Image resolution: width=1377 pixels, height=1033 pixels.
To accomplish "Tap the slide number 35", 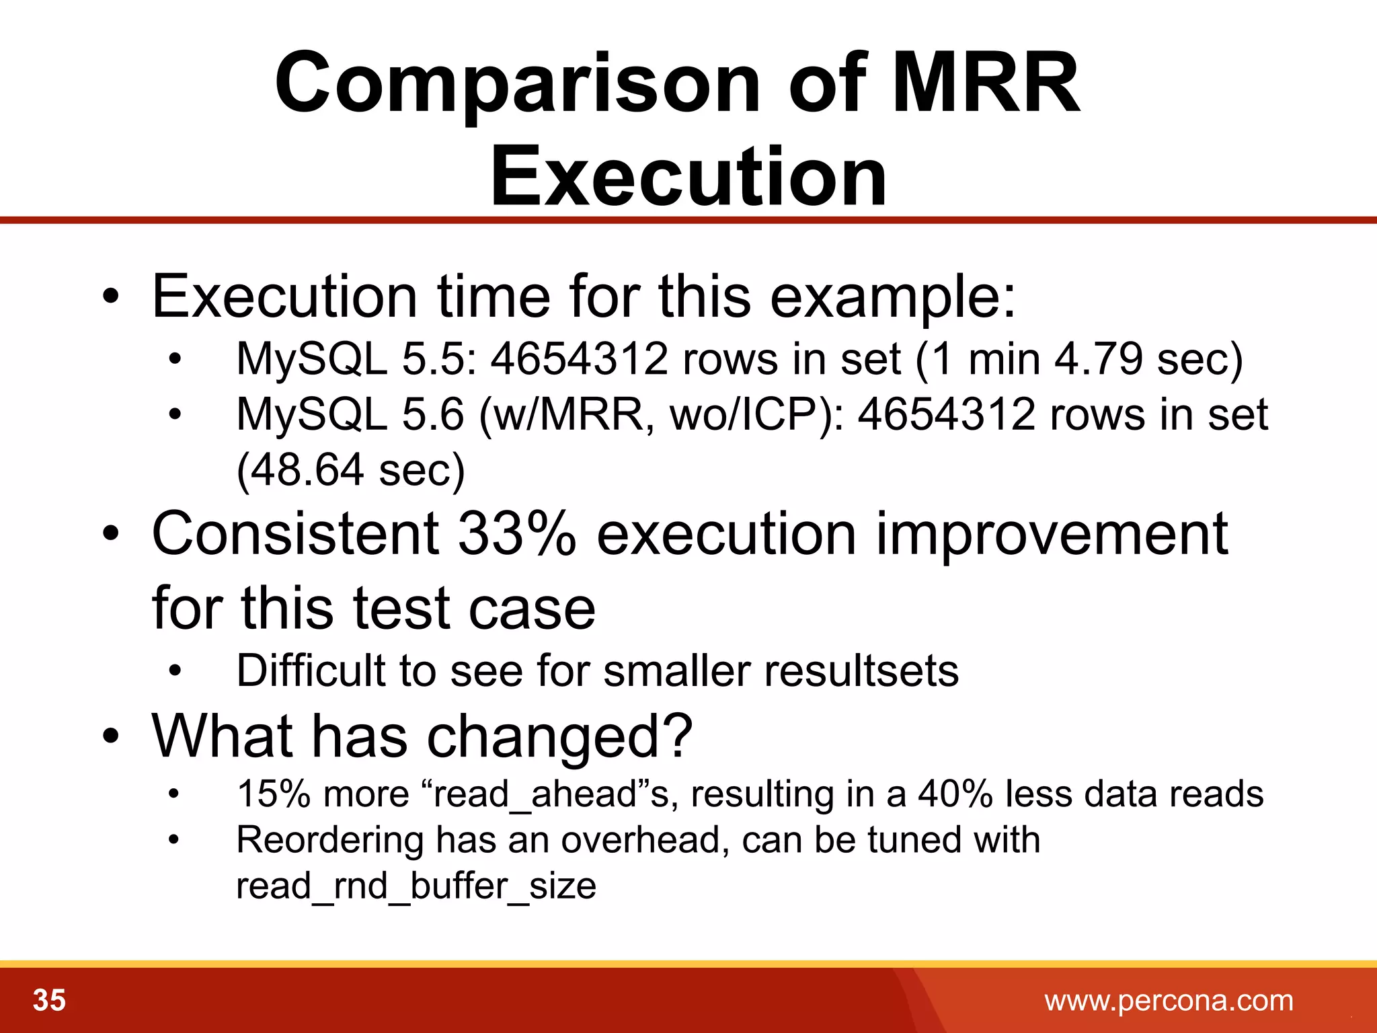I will point(49,1000).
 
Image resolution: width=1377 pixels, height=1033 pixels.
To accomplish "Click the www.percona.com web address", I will point(1169,1001).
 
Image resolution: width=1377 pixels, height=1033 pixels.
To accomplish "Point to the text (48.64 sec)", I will point(350,469).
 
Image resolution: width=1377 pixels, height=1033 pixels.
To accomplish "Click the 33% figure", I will point(516,533).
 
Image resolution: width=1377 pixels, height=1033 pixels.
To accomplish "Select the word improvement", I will point(1052,533).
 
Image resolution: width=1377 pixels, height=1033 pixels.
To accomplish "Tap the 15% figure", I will point(272,794).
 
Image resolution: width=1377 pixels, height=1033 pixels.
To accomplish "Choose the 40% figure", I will point(955,794).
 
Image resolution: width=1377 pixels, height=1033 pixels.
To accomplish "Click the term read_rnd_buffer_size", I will point(416,886).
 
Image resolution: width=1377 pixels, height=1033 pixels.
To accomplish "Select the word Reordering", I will point(329,840).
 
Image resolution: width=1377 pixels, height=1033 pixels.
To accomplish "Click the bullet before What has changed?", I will point(111,736).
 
